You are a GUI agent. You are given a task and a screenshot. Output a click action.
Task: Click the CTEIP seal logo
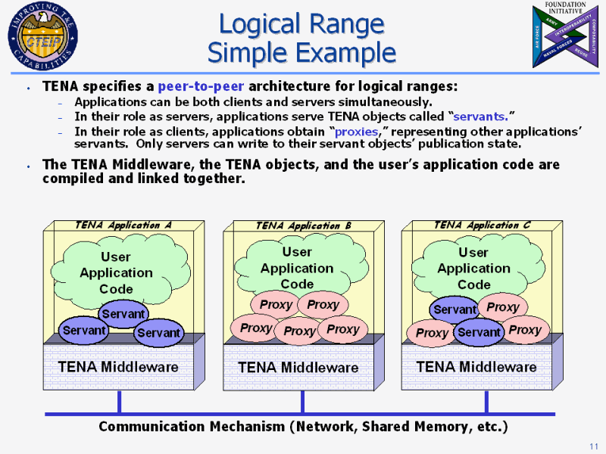tap(42, 36)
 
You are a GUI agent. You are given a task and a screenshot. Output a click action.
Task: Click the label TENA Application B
tap(303, 225)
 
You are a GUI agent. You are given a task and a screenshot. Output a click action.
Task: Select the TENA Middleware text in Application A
tap(118, 367)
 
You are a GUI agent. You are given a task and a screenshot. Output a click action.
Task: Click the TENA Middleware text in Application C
tap(476, 367)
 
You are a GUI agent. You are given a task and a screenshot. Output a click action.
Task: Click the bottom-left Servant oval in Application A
tap(84, 331)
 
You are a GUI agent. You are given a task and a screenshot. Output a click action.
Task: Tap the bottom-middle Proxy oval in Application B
tap(299, 331)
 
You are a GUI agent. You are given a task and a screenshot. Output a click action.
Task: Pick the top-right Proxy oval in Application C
tap(503, 307)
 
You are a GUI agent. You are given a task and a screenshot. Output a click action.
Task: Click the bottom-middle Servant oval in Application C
tap(479, 332)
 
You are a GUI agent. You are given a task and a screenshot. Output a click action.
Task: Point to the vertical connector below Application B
tap(303, 402)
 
